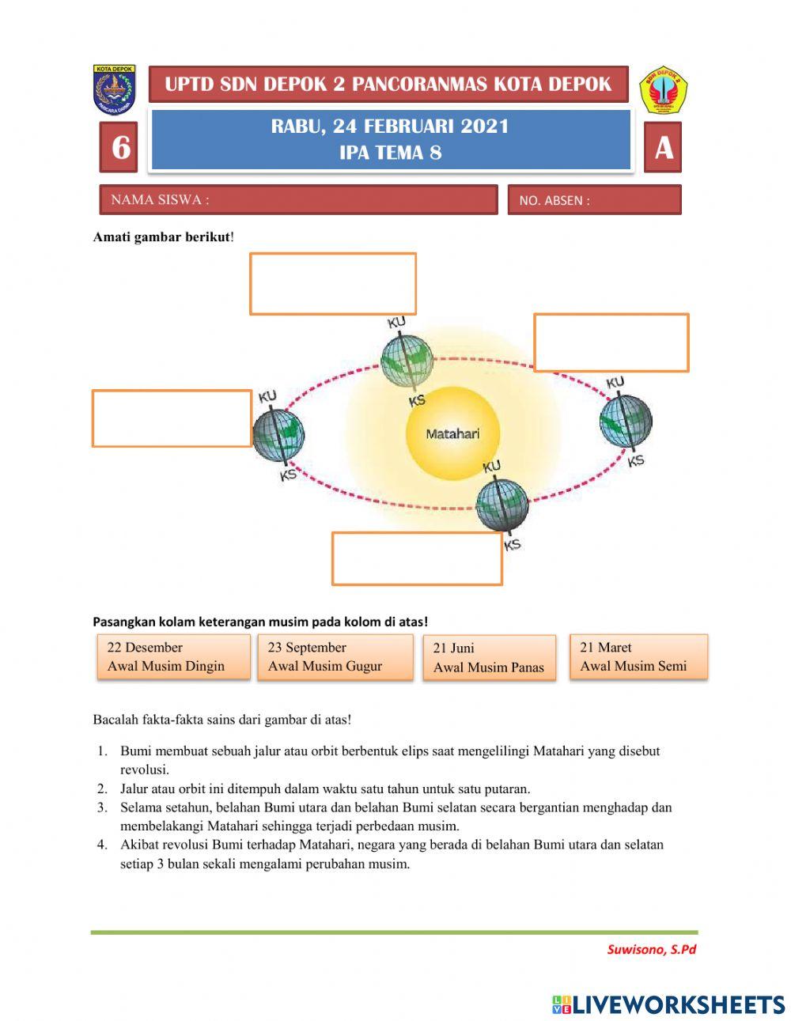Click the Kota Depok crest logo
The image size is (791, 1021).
point(115,89)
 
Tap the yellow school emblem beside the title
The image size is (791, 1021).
point(663,89)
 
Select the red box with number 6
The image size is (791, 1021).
point(119,147)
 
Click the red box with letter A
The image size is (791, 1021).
point(663,147)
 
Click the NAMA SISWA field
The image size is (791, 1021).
point(298,200)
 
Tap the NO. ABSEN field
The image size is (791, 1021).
point(594,200)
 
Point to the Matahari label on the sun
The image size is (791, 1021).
point(452,433)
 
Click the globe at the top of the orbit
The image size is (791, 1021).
point(407,361)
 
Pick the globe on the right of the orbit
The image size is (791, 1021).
point(625,419)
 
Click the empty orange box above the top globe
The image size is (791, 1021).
point(333,283)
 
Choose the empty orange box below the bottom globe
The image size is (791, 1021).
point(417,558)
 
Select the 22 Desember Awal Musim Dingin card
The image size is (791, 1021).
point(173,656)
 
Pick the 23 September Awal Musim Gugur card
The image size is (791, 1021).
point(334,656)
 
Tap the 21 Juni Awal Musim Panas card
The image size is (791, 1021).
point(489,657)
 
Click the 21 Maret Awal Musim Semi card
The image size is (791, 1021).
point(638,656)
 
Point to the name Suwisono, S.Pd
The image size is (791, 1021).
point(651,949)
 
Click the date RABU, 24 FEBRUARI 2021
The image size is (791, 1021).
point(390,127)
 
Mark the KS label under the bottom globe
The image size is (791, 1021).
point(513,544)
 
